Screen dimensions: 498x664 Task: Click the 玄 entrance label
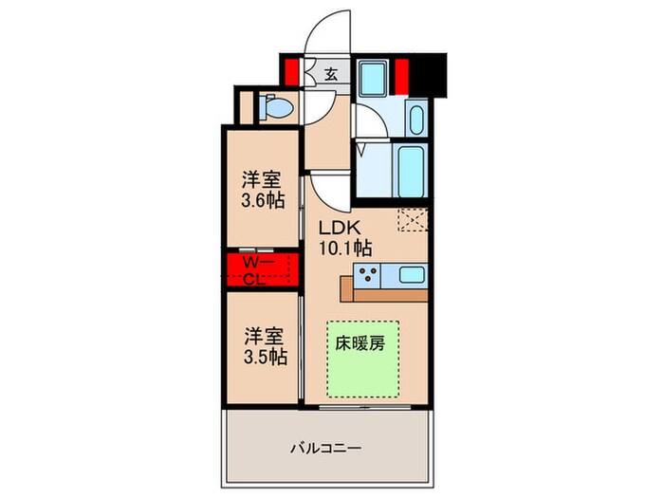click(x=331, y=74)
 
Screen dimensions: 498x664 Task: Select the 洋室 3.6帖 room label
click(x=262, y=189)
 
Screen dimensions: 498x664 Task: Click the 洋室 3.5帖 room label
click(x=262, y=346)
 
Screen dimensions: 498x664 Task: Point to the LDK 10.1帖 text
click(x=343, y=237)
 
